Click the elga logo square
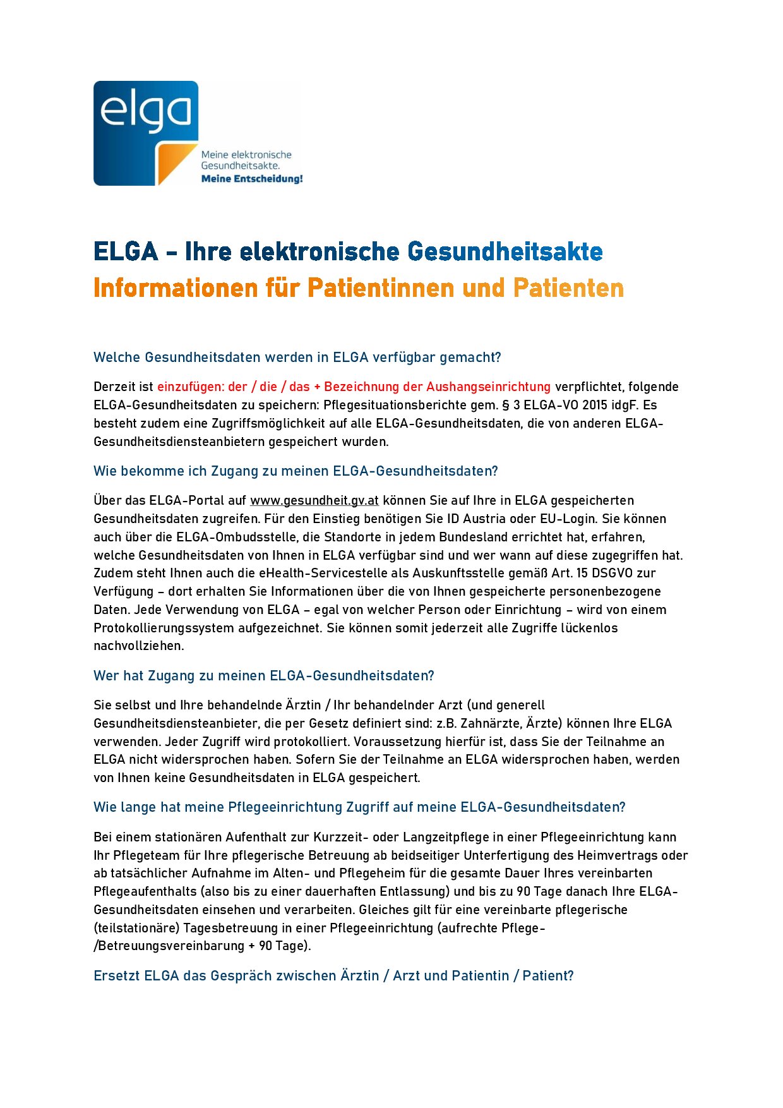point(146,133)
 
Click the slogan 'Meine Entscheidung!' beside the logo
point(252,179)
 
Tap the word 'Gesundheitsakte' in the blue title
point(505,251)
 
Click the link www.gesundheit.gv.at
point(314,500)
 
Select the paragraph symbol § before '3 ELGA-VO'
point(506,405)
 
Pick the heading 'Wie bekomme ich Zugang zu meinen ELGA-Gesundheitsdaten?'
point(296,471)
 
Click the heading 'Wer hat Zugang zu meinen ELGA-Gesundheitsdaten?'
point(263,676)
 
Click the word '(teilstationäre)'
point(136,928)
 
